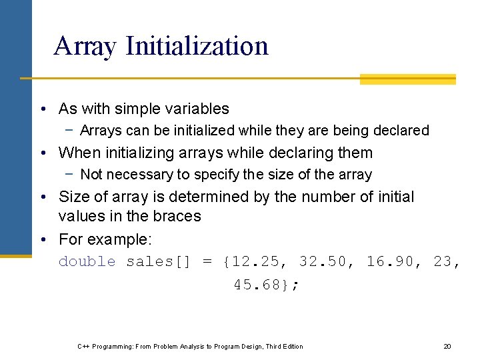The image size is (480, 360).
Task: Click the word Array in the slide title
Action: tap(85, 46)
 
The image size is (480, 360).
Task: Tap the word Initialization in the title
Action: tap(197, 46)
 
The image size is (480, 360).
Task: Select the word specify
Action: tap(215, 175)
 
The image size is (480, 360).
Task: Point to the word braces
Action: tap(177, 216)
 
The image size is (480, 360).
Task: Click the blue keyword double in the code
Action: tap(87, 261)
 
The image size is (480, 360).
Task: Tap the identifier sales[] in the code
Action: tap(158, 261)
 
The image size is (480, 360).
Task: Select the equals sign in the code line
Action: tap(207, 261)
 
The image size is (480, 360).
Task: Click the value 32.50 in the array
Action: tap(323, 261)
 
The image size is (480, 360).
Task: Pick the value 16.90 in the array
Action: tap(390, 261)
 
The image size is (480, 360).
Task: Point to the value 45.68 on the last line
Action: tap(257, 285)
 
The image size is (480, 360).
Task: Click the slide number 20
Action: tap(447, 346)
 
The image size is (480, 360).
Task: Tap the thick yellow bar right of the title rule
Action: tap(407, 79)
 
